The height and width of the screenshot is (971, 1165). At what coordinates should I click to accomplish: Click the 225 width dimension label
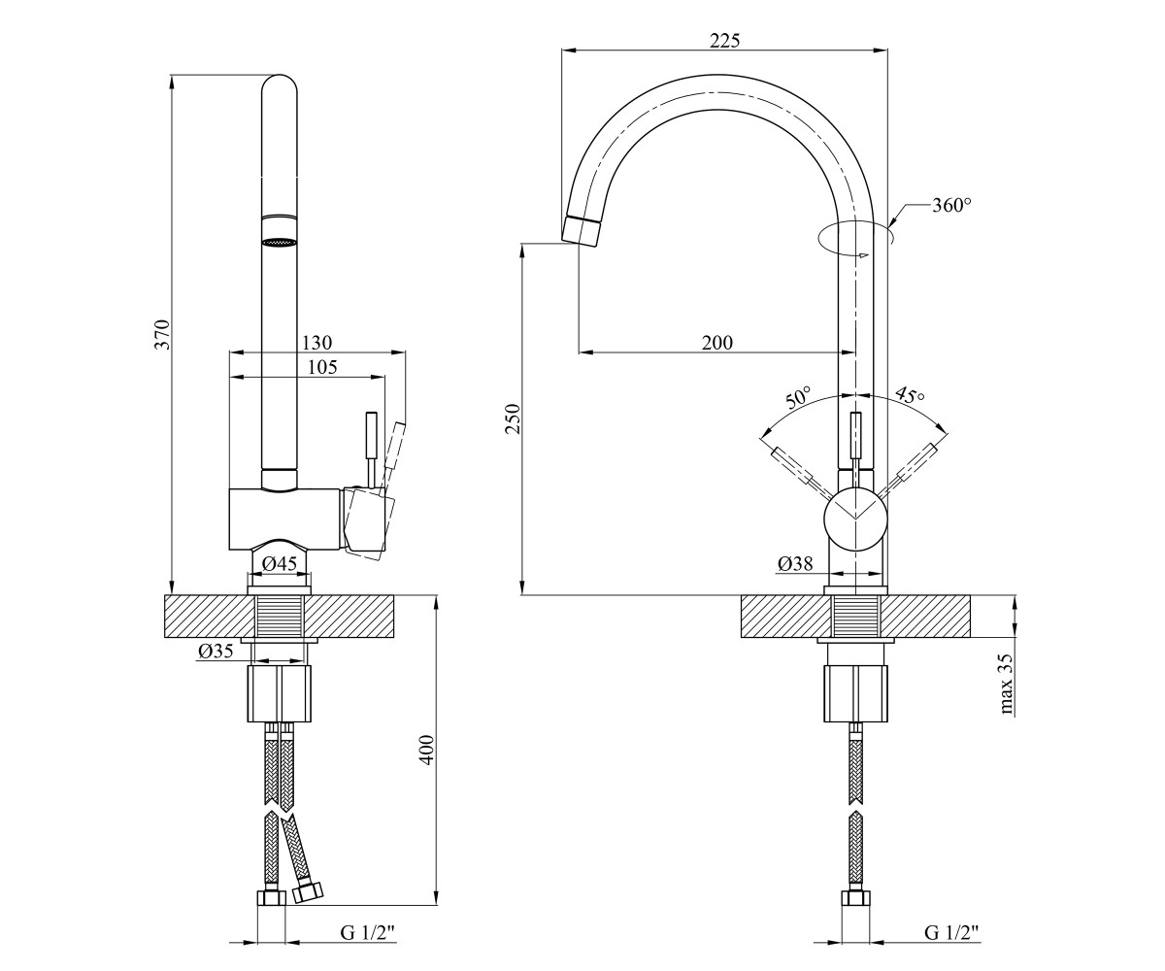click(725, 41)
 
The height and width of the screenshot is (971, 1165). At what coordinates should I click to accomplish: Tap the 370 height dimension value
click(162, 334)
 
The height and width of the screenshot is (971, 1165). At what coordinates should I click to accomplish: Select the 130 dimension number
click(316, 342)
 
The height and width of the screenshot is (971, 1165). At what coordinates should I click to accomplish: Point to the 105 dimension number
click(322, 367)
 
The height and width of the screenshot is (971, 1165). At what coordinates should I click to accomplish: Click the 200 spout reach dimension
click(717, 343)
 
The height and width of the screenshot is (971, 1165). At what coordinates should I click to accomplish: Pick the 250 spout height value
click(513, 419)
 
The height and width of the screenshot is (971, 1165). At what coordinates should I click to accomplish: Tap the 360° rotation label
click(952, 205)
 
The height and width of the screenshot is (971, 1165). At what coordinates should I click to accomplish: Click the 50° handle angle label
click(798, 397)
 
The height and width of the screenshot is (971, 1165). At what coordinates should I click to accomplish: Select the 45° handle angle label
click(910, 395)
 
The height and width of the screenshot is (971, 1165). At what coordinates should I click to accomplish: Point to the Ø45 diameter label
click(279, 563)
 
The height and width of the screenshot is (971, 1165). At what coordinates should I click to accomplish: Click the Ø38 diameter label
click(795, 564)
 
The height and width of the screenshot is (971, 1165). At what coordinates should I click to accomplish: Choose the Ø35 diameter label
click(216, 651)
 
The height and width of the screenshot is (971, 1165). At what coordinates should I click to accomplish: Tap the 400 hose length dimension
click(426, 751)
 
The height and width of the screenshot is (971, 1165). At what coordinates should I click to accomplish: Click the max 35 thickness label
click(1006, 684)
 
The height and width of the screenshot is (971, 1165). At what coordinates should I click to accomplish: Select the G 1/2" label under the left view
click(368, 932)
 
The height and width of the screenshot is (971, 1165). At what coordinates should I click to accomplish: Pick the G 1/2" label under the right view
click(951, 932)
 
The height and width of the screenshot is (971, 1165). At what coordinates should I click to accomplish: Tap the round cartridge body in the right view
click(855, 517)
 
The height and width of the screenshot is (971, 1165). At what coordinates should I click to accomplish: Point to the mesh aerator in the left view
click(279, 242)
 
